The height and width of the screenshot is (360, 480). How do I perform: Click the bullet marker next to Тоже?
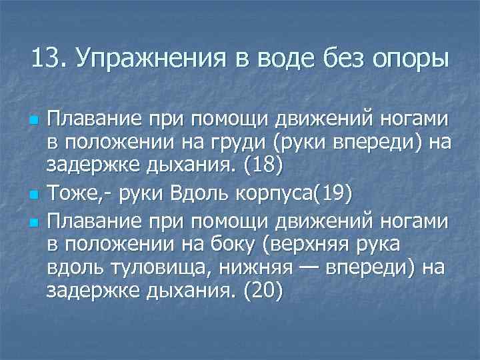[x=33, y=195]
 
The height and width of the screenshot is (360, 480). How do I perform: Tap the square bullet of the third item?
[x=33, y=221]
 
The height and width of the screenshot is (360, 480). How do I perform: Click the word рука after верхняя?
[x=375, y=243]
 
